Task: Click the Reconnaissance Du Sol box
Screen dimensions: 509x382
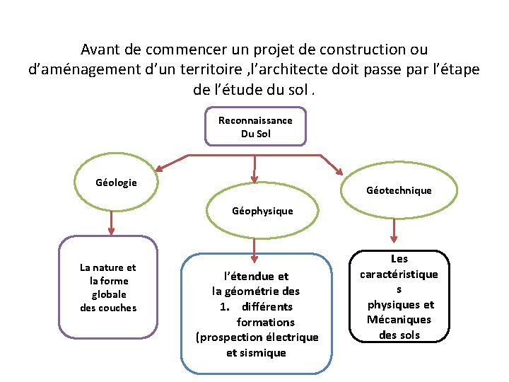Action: click(255, 127)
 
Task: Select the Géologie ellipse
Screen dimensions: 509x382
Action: click(117, 183)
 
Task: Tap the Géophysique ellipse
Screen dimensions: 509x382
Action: click(262, 211)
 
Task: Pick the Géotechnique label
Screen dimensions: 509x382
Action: click(399, 190)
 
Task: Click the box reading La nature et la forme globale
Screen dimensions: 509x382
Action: click(108, 287)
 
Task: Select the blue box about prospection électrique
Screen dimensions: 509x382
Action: click(256, 314)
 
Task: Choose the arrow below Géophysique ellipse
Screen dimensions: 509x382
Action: click(255, 247)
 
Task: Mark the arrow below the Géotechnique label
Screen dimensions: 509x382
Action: click(394, 231)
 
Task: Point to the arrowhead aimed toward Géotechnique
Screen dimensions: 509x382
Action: click(339, 172)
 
